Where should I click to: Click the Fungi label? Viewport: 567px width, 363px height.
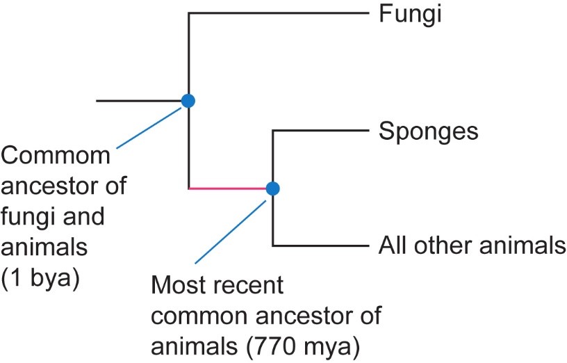click(x=410, y=14)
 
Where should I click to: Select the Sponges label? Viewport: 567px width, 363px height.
click(x=428, y=131)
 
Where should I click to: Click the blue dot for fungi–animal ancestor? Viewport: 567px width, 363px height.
click(x=188, y=101)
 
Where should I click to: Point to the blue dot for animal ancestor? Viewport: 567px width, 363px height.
click(x=272, y=188)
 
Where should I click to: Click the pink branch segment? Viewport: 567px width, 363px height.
click(x=229, y=188)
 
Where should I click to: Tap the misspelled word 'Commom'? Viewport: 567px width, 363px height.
click(x=56, y=156)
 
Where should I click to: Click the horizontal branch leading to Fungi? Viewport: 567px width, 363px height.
click(x=278, y=12)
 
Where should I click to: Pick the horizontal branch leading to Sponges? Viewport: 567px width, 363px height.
click(x=320, y=130)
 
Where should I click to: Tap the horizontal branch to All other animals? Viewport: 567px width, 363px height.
click(x=320, y=245)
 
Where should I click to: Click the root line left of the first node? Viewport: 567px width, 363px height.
click(x=139, y=101)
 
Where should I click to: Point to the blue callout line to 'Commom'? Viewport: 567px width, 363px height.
click(x=149, y=126)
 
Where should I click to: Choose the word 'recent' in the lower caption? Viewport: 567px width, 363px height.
click(x=245, y=286)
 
